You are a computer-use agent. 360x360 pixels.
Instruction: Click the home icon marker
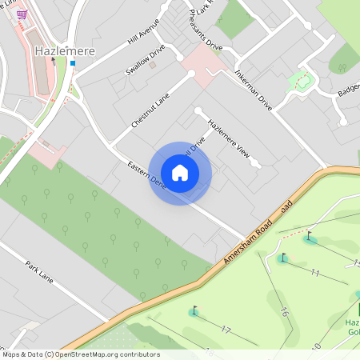[x=180, y=173]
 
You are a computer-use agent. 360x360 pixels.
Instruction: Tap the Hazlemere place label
[x=66, y=51]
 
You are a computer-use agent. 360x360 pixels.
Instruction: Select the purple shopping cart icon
[x=22, y=14]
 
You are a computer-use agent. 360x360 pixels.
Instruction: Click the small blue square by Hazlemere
[x=73, y=62]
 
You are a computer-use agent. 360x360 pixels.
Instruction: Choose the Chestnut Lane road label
[x=151, y=110]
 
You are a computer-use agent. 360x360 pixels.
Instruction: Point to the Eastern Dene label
[x=144, y=177]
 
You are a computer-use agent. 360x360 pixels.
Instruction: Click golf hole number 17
[x=226, y=329]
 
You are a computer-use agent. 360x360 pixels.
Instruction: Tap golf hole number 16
[x=284, y=312]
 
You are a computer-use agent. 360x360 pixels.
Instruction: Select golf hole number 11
[x=315, y=273]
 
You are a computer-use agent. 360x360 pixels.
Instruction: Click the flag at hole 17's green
[x=193, y=310]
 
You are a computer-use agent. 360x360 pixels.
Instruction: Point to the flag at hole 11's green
[x=282, y=257]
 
